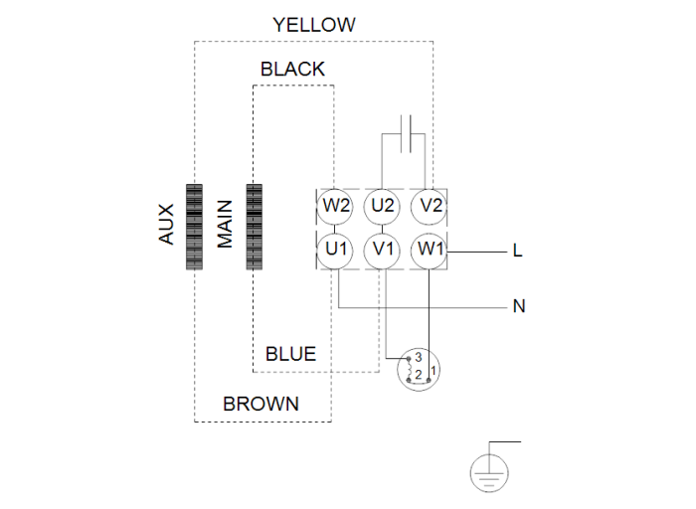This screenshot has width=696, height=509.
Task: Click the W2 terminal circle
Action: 336,207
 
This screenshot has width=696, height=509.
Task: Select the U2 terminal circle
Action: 383,207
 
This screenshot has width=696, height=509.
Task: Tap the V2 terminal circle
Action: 431,207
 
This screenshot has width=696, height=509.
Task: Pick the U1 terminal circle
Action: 336,249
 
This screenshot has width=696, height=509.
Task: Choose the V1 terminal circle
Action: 383,249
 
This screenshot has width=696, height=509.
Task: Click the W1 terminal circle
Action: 431,249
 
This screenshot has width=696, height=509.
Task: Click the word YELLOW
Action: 314,25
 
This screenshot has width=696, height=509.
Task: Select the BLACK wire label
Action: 292,69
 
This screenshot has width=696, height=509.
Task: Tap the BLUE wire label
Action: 290,354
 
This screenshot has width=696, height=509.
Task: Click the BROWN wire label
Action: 261,404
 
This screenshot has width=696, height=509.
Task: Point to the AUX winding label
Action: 165,227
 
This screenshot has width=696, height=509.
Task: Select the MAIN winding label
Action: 225,227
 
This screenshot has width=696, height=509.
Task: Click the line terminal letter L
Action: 517,251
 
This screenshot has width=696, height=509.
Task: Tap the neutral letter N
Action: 518,306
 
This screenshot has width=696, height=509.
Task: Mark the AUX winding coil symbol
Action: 194,228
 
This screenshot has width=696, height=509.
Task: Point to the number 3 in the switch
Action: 420,357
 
